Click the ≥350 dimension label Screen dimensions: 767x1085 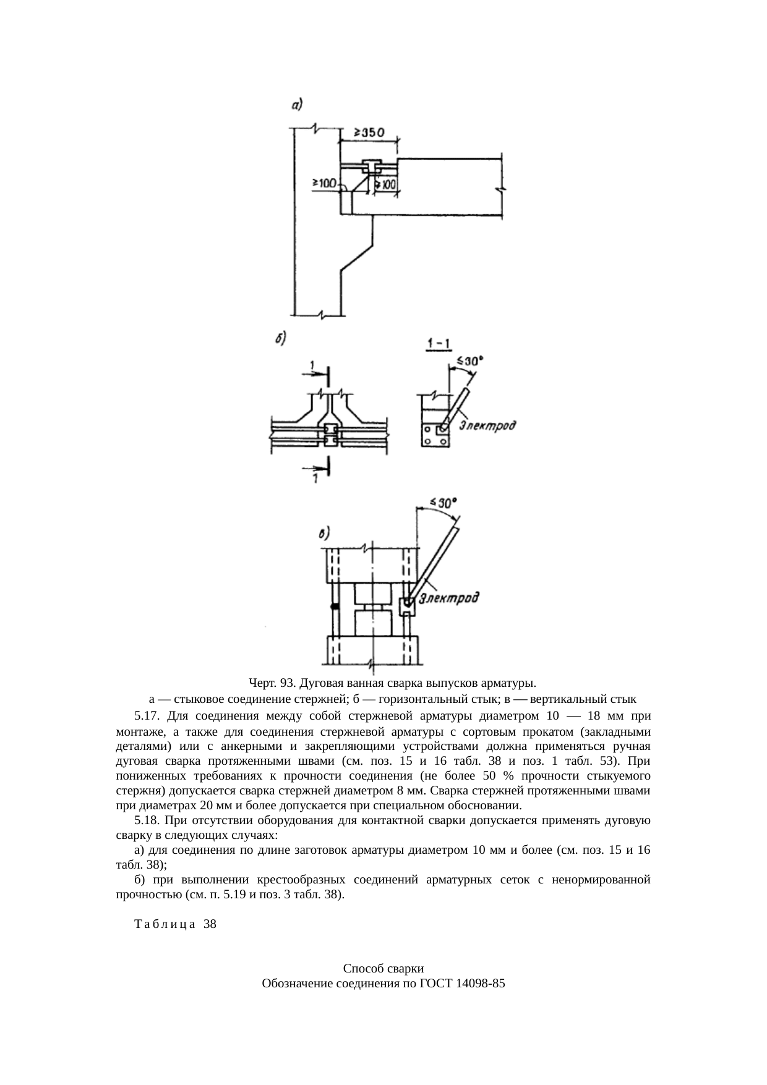369,133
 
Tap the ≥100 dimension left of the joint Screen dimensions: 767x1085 324,183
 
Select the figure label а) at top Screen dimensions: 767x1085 297,106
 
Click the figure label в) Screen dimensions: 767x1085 325,533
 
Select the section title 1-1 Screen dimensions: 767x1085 438,342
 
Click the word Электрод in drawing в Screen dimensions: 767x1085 449,598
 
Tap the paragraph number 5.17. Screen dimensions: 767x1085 147,717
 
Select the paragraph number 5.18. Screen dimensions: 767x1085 147,821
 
